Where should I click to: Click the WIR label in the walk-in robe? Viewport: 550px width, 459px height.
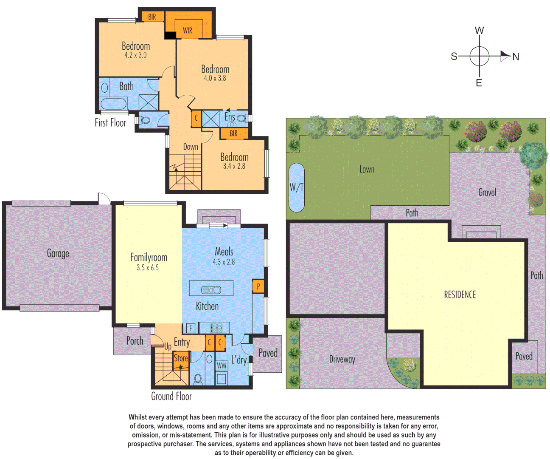coord(188,30)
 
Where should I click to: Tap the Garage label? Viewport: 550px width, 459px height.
coord(58,254)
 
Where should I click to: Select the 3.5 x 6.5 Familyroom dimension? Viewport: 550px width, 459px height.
coord(148,268)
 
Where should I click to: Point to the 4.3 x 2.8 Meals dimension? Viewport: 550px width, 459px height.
coord(224,262)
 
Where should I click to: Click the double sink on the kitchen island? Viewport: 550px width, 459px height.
coord(211,290)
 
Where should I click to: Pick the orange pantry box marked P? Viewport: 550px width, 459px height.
coord(258,286)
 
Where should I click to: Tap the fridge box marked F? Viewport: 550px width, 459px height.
coord(191,328)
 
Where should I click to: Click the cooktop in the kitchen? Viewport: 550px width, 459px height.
coord(216,328)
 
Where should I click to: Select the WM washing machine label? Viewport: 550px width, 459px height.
coord(222,365)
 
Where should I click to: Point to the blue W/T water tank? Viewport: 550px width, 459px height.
coord(296,187)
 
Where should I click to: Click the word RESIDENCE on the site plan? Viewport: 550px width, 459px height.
coord(460,295)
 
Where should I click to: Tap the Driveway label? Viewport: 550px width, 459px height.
coord(342,360)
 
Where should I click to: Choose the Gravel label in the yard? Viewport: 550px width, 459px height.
coord(487,193)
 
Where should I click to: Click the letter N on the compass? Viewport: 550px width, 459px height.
coord(516,57)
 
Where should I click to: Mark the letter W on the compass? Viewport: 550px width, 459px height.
coord(479,31)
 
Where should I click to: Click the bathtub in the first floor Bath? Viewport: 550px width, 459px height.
coord(113,104)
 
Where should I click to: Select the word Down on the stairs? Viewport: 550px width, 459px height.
coord(191,147)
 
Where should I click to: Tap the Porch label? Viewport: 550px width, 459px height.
coord(135,341)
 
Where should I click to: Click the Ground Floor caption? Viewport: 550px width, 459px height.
coord(171,397)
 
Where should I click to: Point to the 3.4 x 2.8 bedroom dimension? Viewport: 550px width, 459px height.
coord(234,167)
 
